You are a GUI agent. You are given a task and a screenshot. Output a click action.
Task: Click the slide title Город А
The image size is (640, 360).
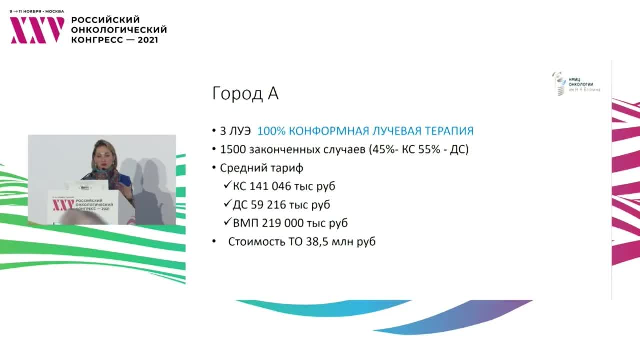(x=245, y=94)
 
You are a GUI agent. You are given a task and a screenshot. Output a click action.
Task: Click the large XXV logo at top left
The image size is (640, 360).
(x=37, y=30)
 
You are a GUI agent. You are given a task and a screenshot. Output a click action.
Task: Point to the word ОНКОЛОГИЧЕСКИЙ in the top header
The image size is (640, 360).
(x=119, y=30)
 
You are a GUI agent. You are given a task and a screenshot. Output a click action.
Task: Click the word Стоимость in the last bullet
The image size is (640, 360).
(x=254, y=242)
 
